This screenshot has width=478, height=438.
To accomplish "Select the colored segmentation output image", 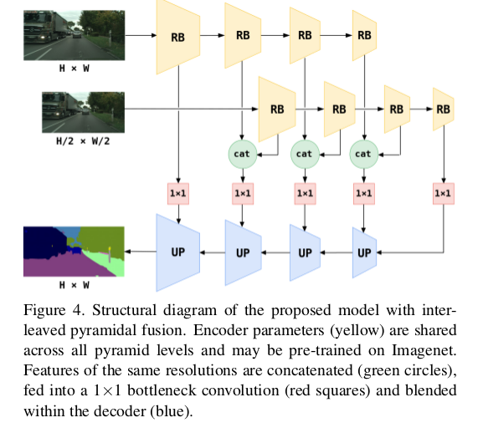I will [x=74, y=250].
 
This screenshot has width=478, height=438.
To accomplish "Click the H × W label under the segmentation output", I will [x=74, y=283].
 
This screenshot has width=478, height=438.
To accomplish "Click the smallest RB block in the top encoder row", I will [x=363, y=35].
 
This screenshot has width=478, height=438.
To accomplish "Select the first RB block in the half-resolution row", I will [x=276, y=109].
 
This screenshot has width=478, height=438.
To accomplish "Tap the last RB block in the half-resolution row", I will [x=443, y=109].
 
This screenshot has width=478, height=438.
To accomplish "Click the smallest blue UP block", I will [x=363, y=253].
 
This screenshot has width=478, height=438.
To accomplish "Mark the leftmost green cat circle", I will [x=243, y=154].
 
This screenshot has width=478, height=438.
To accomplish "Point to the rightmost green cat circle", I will [x=362, y=154].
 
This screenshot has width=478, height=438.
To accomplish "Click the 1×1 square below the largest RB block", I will [x=177, y=193].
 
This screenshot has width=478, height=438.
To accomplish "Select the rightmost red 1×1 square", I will [x=443, y=193].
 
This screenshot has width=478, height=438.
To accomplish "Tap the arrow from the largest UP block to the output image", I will [x=141, y=252].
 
